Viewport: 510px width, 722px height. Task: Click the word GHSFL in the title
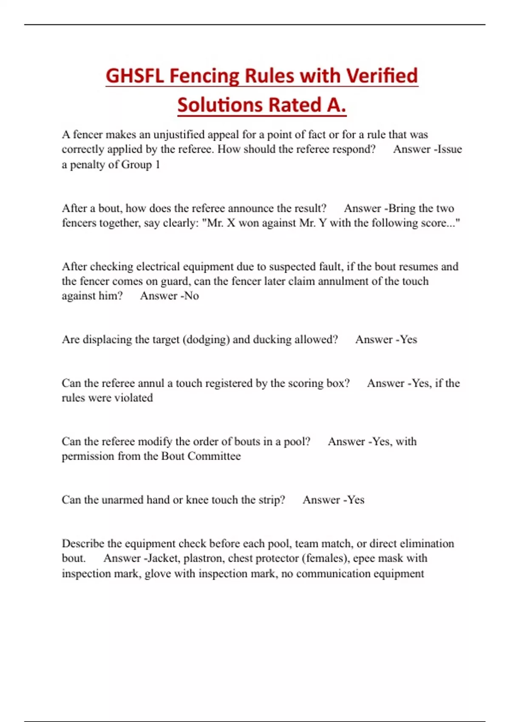click(134, 76)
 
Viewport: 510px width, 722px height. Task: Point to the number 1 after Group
click(158, 164)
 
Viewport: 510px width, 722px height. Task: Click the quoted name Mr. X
click(221, 223)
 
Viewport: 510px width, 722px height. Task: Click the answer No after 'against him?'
click(192, 296)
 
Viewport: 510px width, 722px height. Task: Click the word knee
click(197, 500)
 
